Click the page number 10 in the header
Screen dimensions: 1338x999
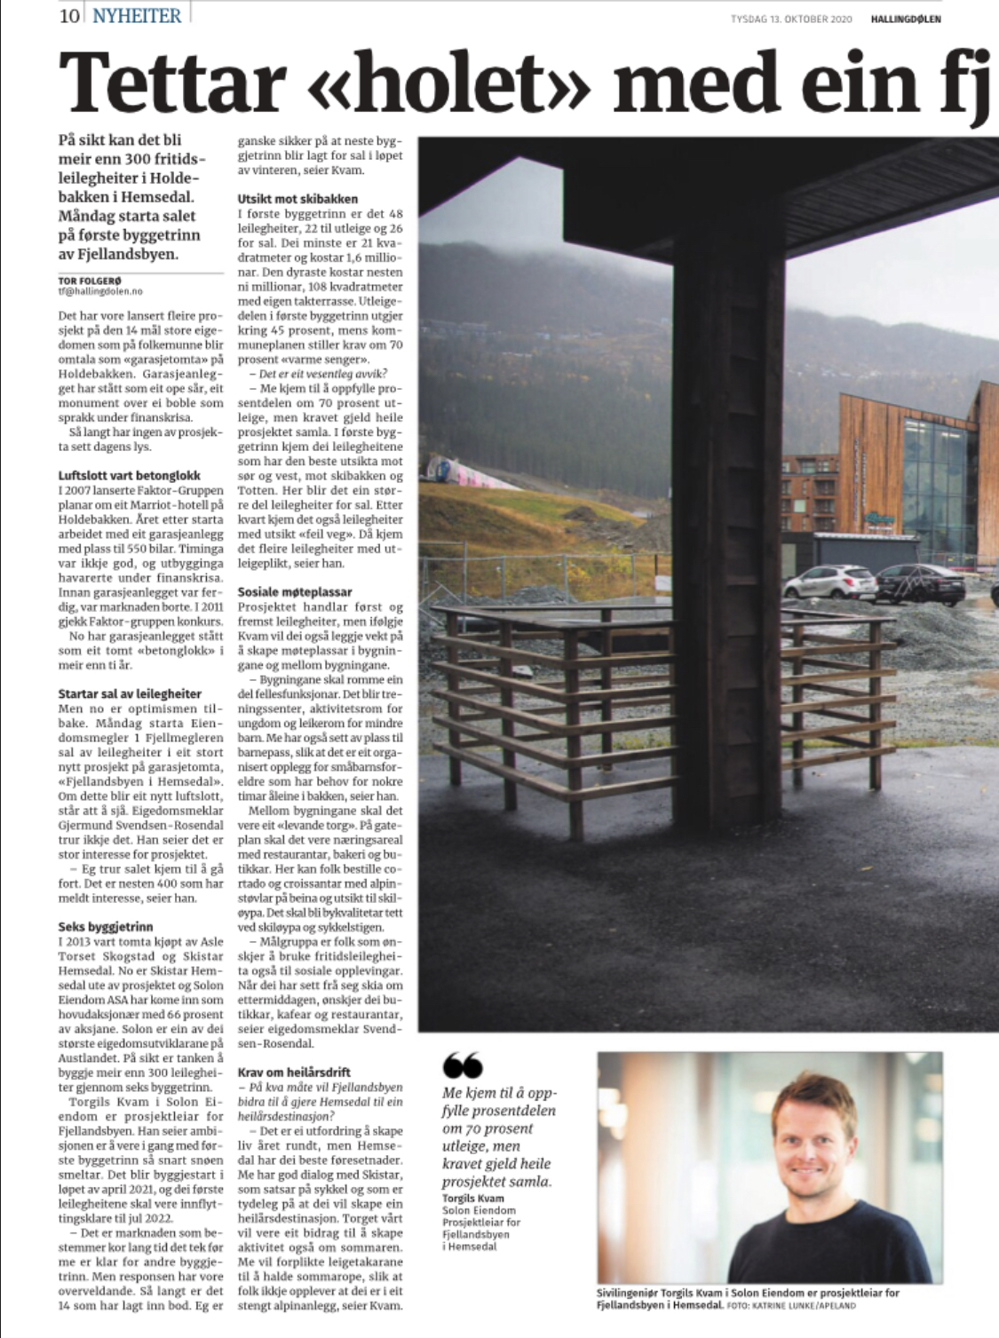[69, 16]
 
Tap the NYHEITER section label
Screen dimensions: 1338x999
[137, 16]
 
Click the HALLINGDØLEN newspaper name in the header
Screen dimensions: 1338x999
[906, 19]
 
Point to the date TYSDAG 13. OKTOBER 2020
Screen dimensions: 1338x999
[791, 19]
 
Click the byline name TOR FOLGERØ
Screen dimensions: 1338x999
[89, 281]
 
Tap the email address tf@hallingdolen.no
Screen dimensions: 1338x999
[99, 291]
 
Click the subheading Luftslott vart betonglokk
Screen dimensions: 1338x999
[129, 475]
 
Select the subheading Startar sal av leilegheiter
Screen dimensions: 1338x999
[130, 693]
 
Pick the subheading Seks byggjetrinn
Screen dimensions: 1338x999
[106, 926]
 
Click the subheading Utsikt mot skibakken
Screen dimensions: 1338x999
[297, 199]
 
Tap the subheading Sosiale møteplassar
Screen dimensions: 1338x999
[295, 591]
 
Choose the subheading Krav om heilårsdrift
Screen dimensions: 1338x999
[294, 1072]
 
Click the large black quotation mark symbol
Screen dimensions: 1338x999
[462, 1065]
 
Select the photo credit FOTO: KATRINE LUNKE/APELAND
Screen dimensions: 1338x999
[791, 1306]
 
